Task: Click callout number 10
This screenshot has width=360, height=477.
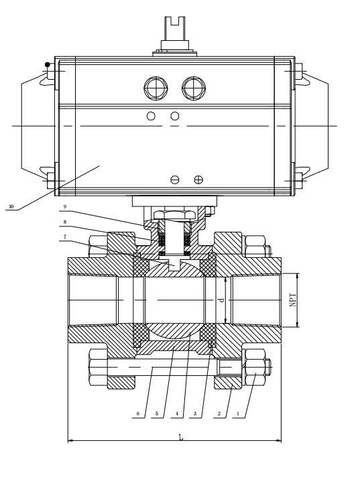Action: coord(11,207)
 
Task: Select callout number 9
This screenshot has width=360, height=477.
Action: coord(65,206)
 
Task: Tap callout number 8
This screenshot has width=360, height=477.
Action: coord(65,222)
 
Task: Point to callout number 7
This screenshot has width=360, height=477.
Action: coord(65,236)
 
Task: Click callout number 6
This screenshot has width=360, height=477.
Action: coord(138,414)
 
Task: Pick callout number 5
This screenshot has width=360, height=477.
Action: coord(157,414)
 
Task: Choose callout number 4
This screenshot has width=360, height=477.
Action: coord(177,414)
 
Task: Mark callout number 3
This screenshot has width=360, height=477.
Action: coord(195,414)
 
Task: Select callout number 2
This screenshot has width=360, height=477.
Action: coord(219,414)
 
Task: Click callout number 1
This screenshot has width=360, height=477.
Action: coord(238,414)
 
